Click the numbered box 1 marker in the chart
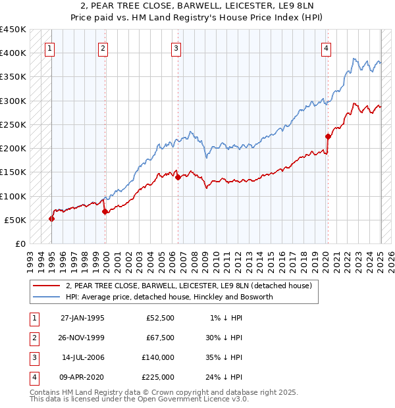tap(51, 47)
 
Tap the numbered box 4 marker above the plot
tap(327, 47)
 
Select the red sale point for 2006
tap(178, 177)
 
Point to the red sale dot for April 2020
tap(328, 136)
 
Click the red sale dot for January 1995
tap(52, 218)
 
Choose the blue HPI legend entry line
tap(46, 297)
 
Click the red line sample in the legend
tap(46, 286)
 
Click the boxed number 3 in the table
tap(33, 358)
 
